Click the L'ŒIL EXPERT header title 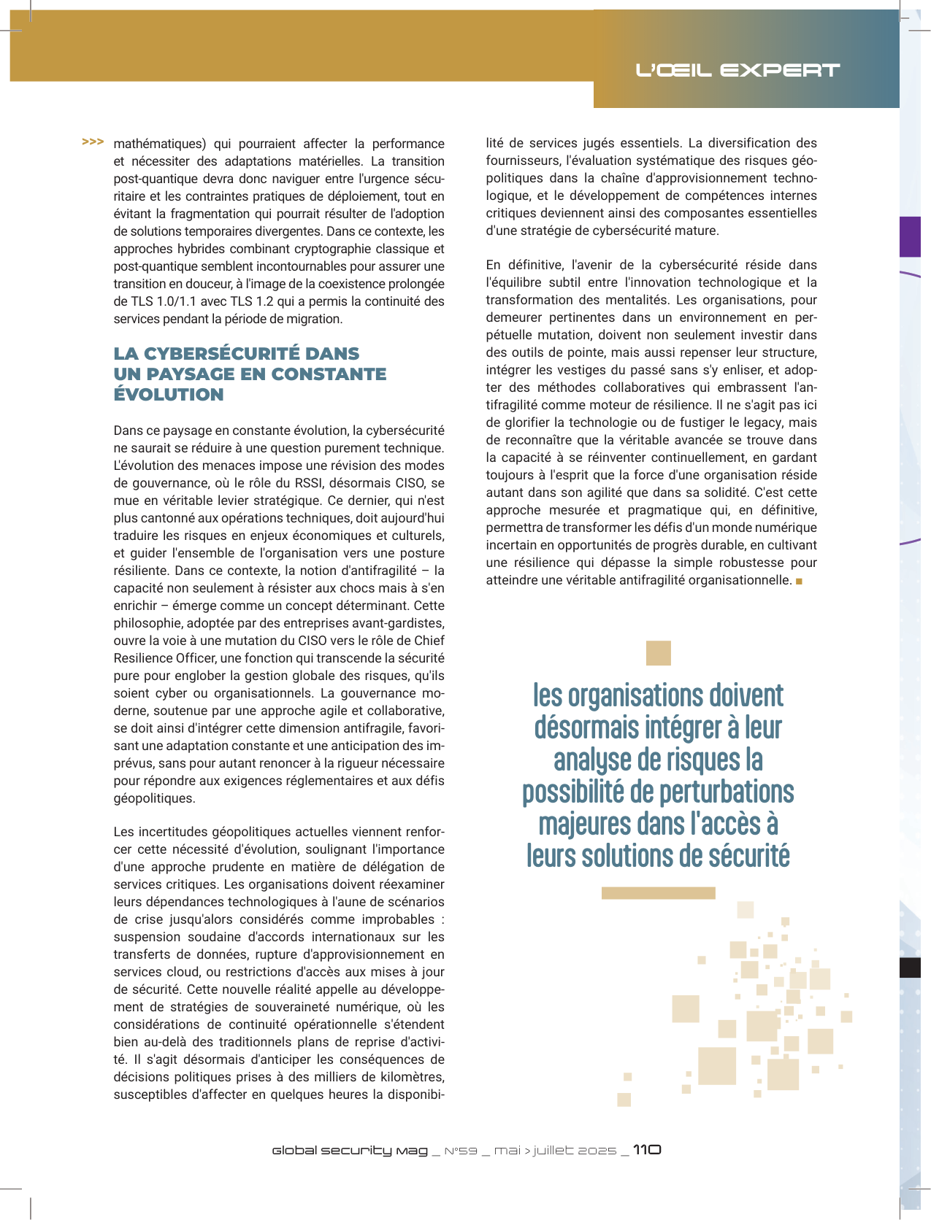point(737,70)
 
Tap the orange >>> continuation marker point(93,142)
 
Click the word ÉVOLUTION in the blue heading point(169,395)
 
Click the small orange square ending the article point(800,581)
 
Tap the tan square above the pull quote point(658,653)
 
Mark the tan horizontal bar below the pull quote point(658,893)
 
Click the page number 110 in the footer point(647,1150)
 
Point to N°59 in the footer point(461,1151)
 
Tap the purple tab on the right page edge point(910,236)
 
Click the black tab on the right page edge point(910,968)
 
